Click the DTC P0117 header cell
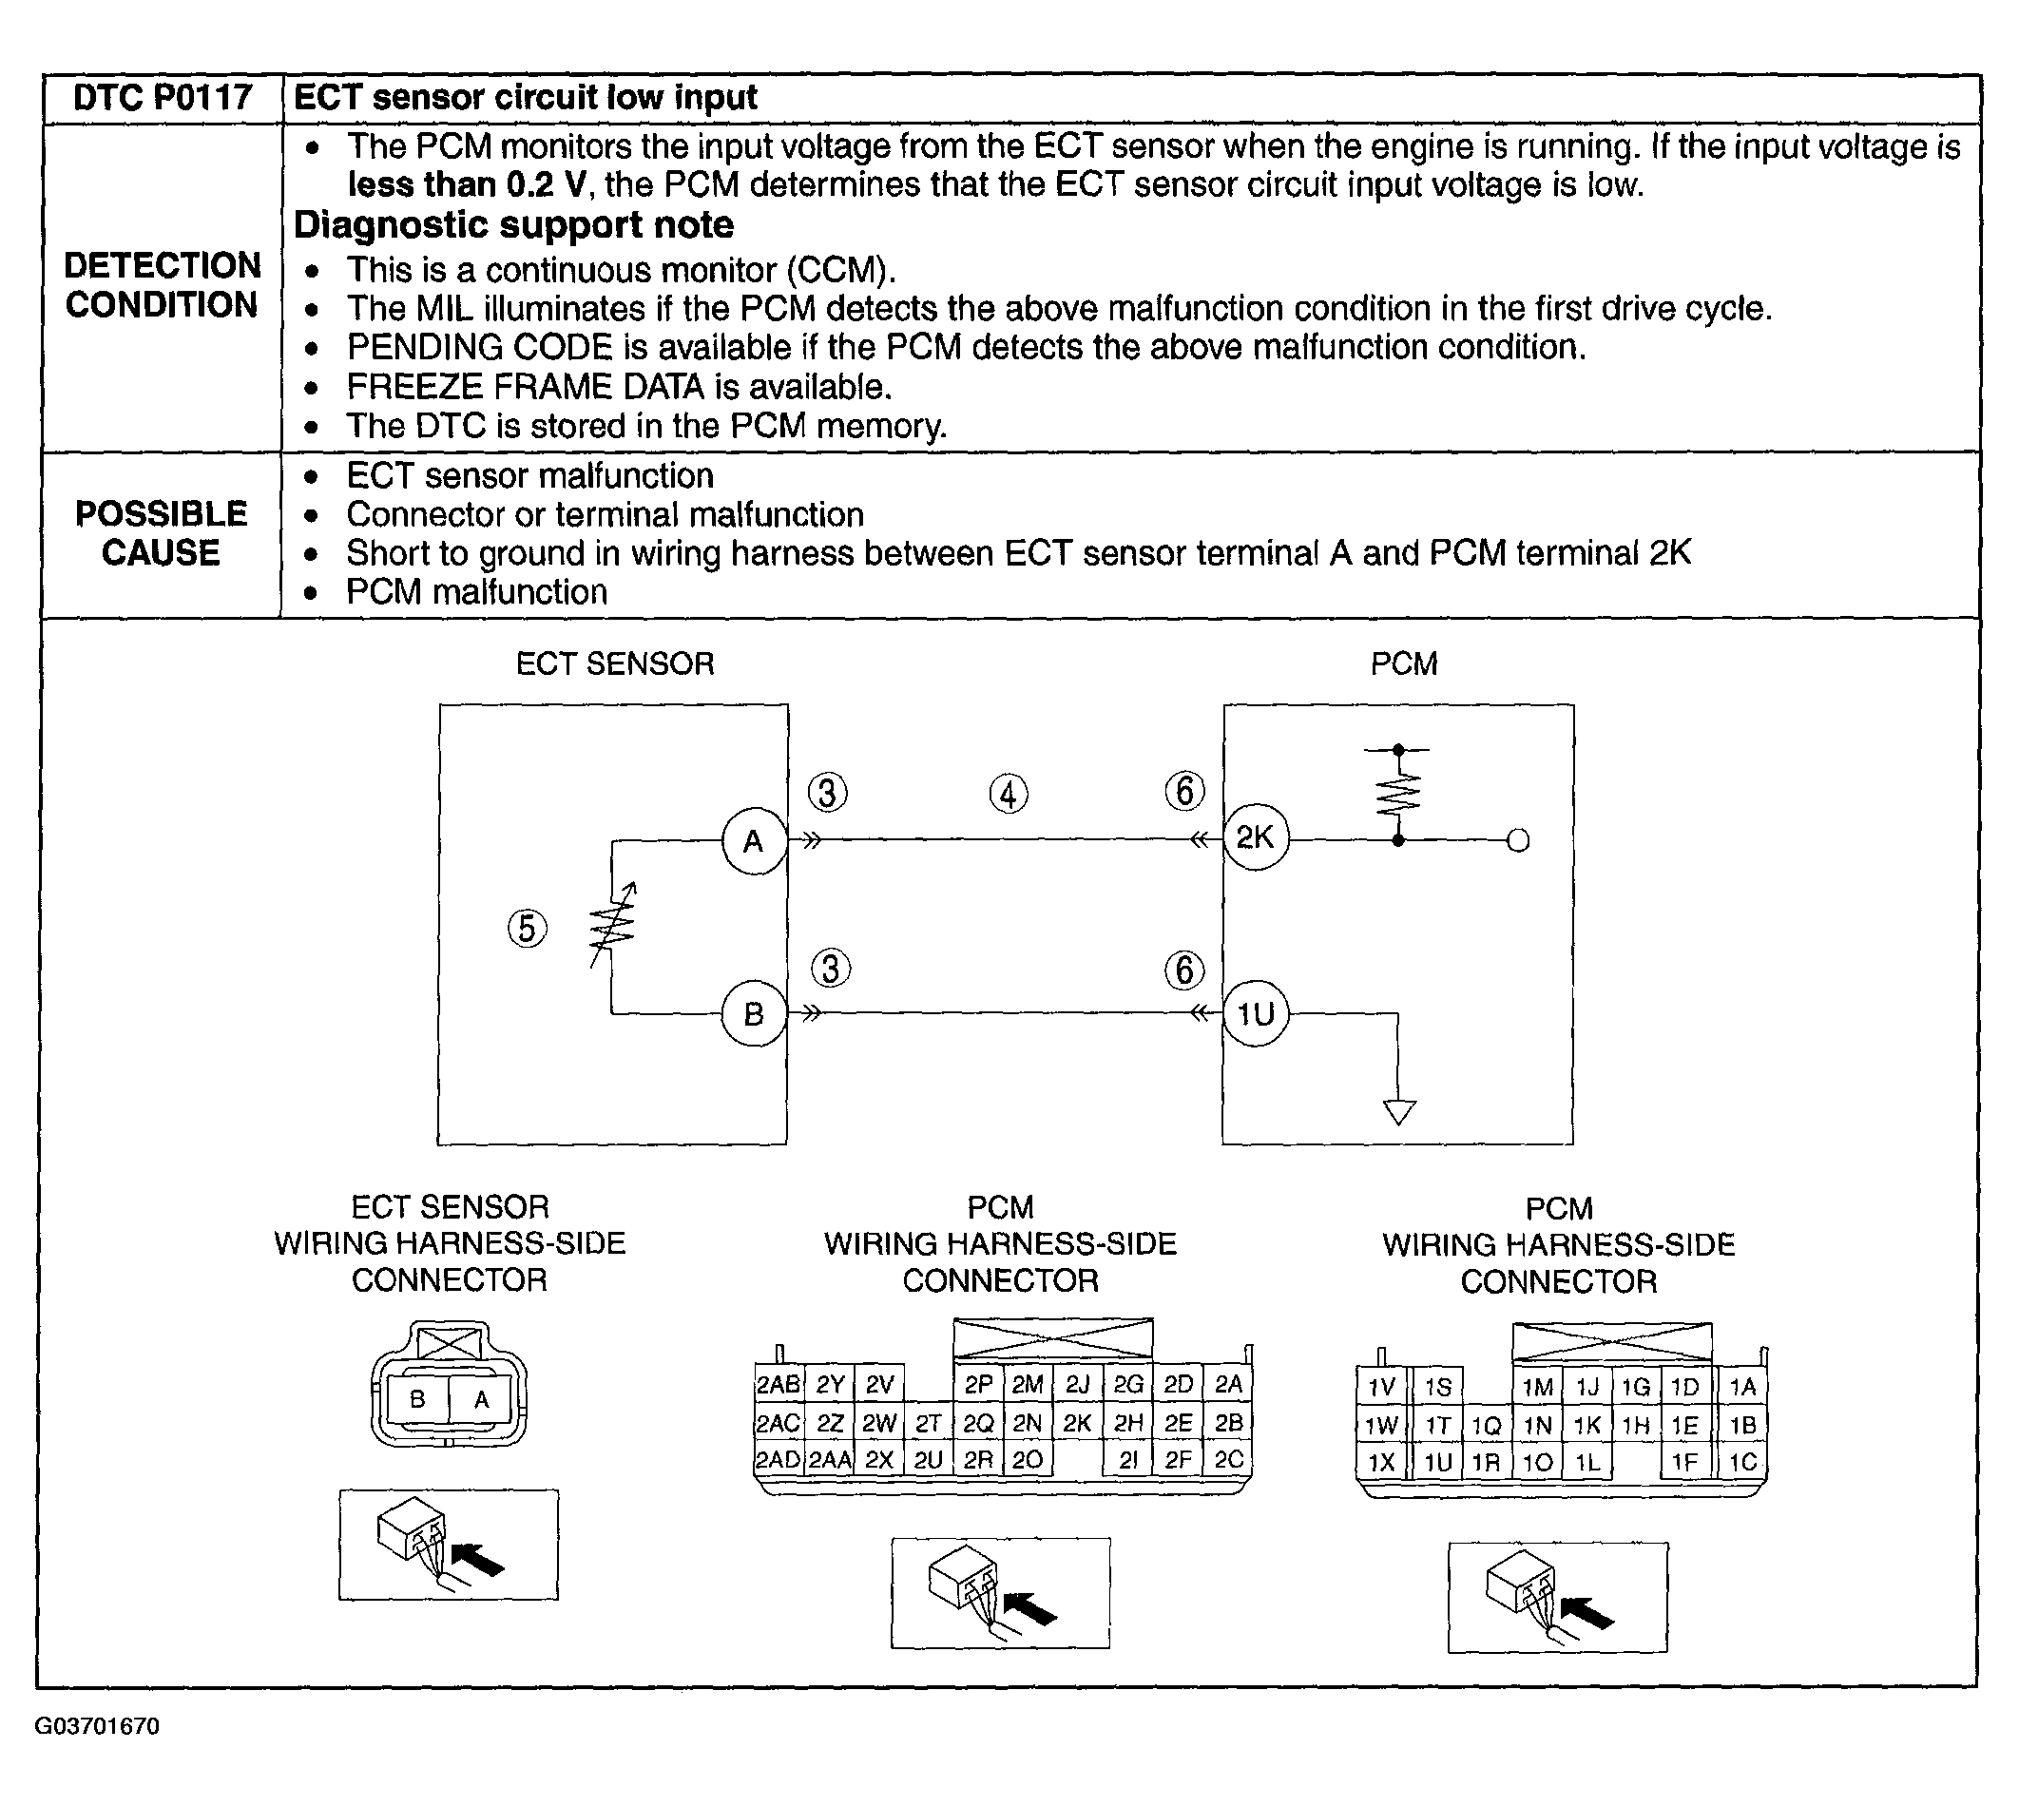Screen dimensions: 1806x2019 [163, 98]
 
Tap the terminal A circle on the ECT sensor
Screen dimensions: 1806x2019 [754, 841]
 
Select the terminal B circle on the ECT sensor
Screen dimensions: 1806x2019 [754, 1013]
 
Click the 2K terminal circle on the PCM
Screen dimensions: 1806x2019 [1255, 838]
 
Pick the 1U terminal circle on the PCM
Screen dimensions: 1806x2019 [1255, 1013]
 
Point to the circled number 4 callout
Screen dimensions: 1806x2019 [1008, 794]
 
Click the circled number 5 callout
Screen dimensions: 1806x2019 [527, 929]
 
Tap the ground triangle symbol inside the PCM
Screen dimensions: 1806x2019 [1399, 1111]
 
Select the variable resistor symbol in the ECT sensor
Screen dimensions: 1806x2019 [612, 925]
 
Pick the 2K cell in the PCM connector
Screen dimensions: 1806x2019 [1077, 1424]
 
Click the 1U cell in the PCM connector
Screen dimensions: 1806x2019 [1437, 1462]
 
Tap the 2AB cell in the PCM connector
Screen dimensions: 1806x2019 [778, 1385]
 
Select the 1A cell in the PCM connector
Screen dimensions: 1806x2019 [1742, 1387]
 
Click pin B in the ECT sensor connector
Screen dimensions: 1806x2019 [417, 1399]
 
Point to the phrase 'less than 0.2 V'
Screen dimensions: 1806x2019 [470, 185]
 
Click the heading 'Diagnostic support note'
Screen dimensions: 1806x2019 [514, 225]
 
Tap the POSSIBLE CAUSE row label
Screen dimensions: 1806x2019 [161, 533]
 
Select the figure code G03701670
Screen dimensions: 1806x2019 [97, 1725]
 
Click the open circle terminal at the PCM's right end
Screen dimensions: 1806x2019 [1518, 841]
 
